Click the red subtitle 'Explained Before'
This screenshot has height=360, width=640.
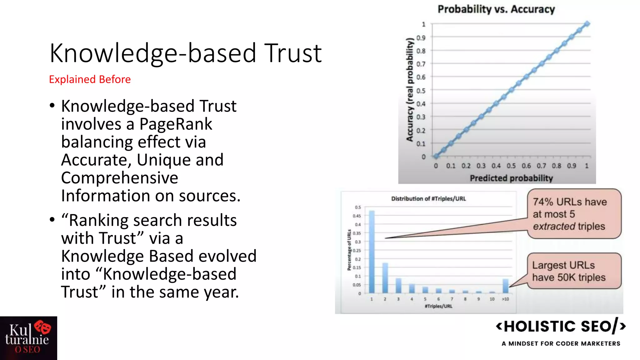90,79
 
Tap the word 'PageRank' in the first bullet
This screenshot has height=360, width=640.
176,124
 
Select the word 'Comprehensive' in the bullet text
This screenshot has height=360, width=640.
120,178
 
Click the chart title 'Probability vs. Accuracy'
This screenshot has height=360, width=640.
496,9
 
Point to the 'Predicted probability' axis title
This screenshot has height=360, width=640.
511,178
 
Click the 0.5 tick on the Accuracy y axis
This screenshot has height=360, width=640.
421,91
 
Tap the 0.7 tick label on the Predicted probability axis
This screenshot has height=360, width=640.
541,166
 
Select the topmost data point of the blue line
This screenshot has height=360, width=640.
587,24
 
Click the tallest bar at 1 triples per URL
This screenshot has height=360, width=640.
372,252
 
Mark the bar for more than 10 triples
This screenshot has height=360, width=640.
505,286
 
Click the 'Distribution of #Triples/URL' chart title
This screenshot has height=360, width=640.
428,199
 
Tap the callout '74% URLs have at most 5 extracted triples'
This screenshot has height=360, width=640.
574,214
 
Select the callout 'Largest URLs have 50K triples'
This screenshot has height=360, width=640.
574,271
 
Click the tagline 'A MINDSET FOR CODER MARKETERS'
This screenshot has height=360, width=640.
561,343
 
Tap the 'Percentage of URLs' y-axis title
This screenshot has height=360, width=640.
349,250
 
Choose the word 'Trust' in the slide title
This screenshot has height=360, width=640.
293,53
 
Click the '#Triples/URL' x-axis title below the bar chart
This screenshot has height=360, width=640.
438,306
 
